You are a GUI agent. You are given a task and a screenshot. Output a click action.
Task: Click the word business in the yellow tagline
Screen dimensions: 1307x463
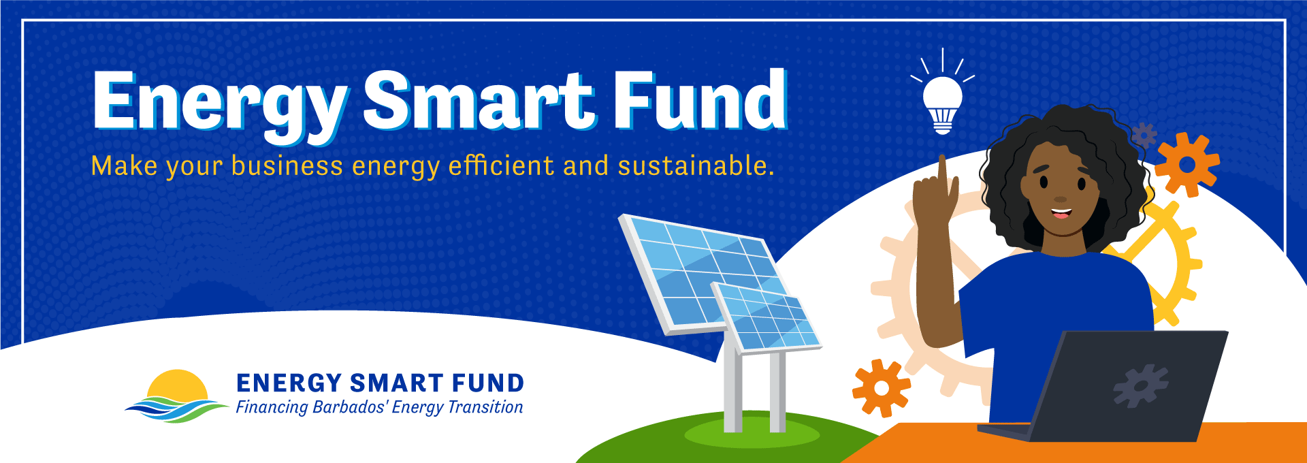click(287, 166)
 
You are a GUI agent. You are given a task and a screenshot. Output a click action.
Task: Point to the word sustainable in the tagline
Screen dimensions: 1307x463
click(696, 166)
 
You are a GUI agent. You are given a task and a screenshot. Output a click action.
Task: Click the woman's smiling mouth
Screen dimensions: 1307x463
click(1061, 212)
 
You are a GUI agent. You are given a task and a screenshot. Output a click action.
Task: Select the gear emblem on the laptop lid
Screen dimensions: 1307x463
click(1140, 385)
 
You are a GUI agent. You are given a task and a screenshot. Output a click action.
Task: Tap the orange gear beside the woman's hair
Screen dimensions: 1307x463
click(1187, 165)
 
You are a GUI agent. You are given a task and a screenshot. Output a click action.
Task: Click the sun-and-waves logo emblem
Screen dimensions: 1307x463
click(178, 396)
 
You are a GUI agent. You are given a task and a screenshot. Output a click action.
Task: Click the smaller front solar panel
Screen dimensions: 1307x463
click(767, 317)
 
